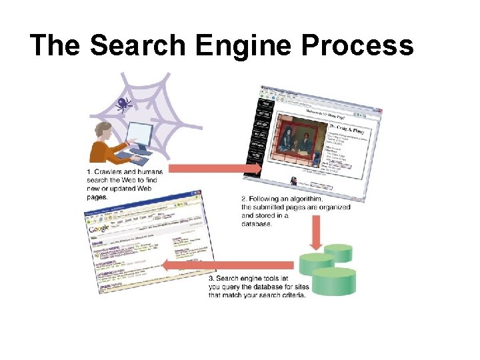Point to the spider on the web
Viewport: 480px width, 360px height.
pos(123,103)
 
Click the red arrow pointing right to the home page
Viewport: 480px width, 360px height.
pos(213,167)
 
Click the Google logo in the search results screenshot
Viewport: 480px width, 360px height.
pos(99,229)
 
